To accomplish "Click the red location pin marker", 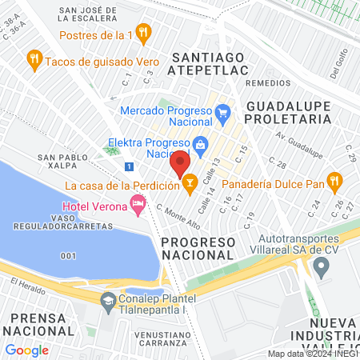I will click(180, 164).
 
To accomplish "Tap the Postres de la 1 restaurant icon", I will click(144, 34).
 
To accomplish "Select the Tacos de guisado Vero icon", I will click(34, 58).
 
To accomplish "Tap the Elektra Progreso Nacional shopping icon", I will click(200, 145).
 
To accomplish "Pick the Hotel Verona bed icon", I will click(138, 206).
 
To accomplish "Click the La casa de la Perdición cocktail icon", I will click(190, 186).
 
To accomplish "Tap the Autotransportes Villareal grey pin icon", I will click(322, 269).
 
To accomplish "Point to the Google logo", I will click(27, 350).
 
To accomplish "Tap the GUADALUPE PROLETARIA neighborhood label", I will click(288, 112).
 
